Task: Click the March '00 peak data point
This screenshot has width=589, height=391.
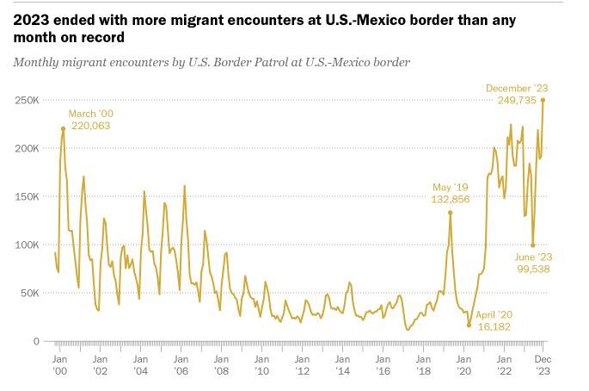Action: pyautogui.click(x=63, y=129)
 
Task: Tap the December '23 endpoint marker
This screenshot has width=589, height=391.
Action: pyautogui.click(x=543, y=100)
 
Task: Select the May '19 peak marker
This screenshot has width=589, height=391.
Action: pyautogui.click(x=450, y=213)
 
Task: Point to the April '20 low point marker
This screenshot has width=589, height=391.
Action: pyautogui.click(x=469, y=325)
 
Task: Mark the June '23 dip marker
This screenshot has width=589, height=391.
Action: pyautogui.click(x=533, y=245)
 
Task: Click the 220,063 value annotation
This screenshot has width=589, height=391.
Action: pyautogui.click(x=91, y=126)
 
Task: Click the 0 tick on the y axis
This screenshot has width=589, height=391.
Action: pyautogui.click(x=37, y=341)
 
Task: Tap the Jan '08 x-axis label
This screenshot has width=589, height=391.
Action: pyautogui.click(x=221, y=364)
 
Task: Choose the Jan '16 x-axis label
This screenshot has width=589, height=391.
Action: pyautogui.click(x=383, y=364)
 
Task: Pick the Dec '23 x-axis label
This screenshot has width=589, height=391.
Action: pyautogui.click(x=543, y=364)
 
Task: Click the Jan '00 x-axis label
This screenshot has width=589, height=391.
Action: pyautogui.click(x=60, y=364)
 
